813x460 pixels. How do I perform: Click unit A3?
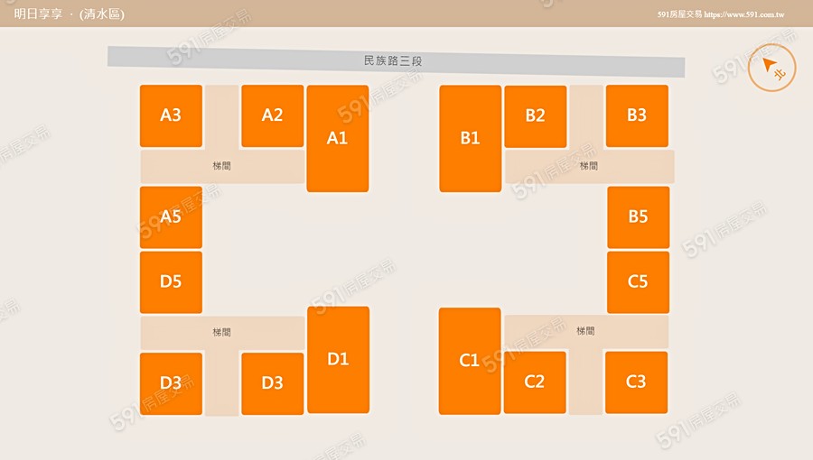[171, 115]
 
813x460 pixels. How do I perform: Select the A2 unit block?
[272, 115]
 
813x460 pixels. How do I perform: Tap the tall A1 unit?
[337, 138]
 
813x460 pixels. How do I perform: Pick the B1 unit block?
[470, 138]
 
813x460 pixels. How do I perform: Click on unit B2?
[535, 116]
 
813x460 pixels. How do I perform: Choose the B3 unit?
[637, 115]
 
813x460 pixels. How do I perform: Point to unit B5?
[638, 217]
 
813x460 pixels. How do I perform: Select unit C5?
[638, 281]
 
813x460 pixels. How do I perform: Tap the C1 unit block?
[469, 361]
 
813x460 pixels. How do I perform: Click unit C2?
[535, 382]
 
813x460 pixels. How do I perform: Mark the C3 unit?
[636, 382]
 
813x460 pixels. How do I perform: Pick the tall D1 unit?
[338, 359]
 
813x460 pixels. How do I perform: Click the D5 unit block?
[171, 281]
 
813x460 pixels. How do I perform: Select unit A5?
[171, 217]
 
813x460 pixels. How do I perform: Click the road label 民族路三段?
[393, 61]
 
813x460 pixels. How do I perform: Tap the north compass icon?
[771, 68]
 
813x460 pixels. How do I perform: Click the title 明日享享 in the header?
[38, 14]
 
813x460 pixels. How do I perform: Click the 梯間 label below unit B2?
[588, 166]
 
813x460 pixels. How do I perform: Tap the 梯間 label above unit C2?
[585, 332]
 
